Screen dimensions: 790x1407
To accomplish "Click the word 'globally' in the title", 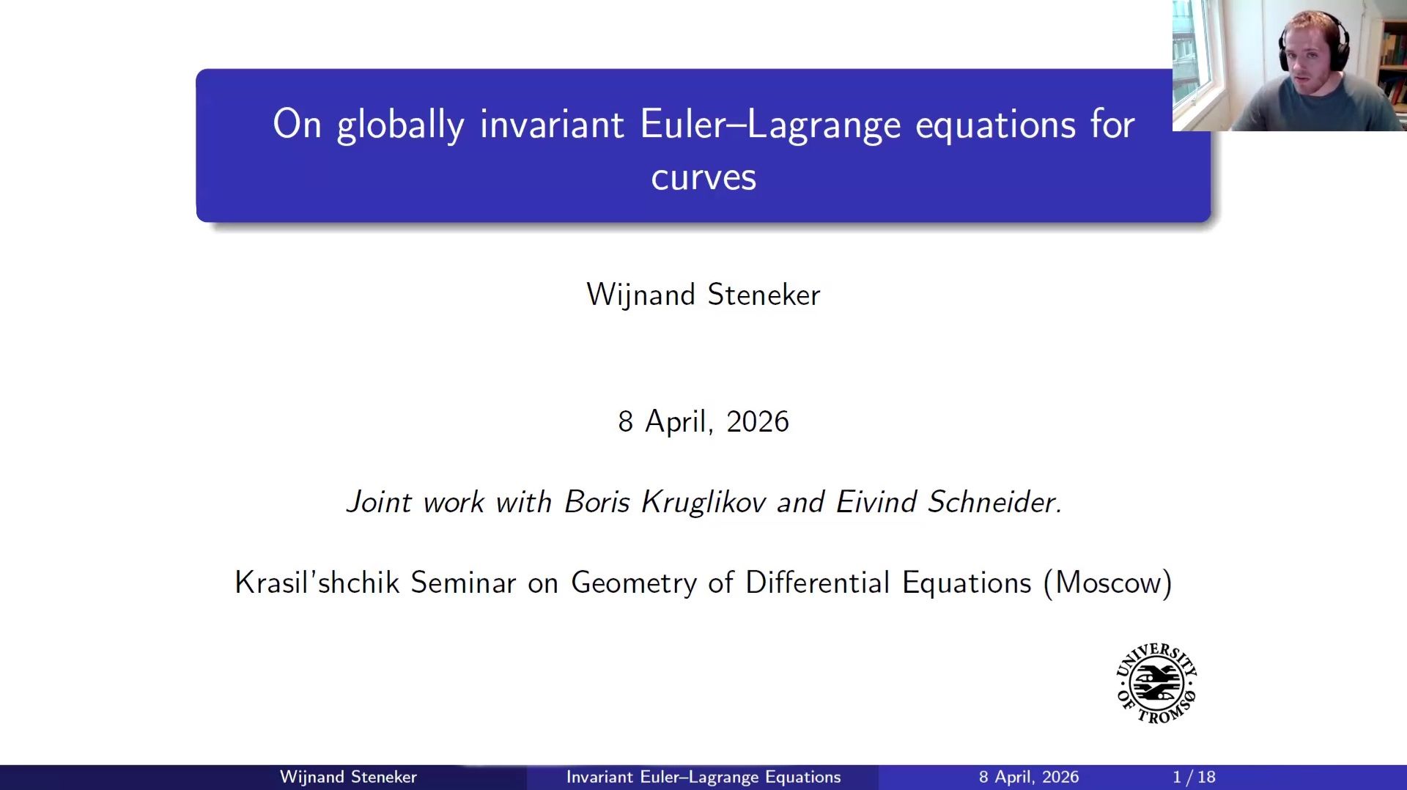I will point(400,125).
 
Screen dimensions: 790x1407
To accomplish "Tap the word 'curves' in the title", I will point(703,177).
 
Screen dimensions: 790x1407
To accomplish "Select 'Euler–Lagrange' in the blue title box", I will point(769,125).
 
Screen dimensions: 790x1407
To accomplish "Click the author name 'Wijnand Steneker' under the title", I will point(703,295).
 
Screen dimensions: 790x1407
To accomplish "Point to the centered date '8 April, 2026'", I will point(703,421).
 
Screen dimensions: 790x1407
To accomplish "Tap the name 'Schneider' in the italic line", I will point(994,502).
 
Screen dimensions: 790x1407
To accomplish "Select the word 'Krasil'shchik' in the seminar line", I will point(317,583).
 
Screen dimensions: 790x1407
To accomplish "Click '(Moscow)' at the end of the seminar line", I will point(1107,583).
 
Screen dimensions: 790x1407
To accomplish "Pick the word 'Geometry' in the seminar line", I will point(634,583).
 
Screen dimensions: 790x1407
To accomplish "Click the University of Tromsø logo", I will point(1156,683).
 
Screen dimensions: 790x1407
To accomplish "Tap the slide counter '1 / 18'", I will point(1194,777).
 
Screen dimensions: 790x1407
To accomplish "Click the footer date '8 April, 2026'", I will point(1029,777).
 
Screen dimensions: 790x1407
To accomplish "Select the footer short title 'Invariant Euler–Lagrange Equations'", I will point(703,777).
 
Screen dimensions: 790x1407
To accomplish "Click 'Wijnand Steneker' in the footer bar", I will point(348,777).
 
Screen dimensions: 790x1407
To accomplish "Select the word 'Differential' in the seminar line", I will point(817,583).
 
